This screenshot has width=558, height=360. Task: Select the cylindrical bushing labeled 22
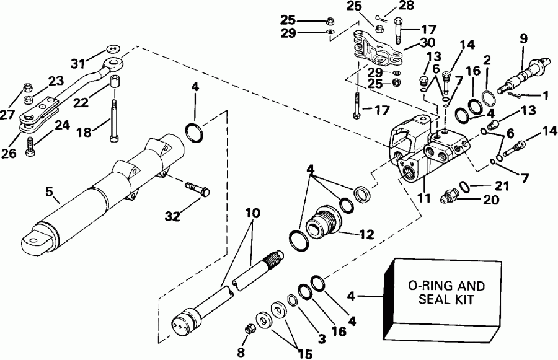pyautogui.click(x=115, y=84)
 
